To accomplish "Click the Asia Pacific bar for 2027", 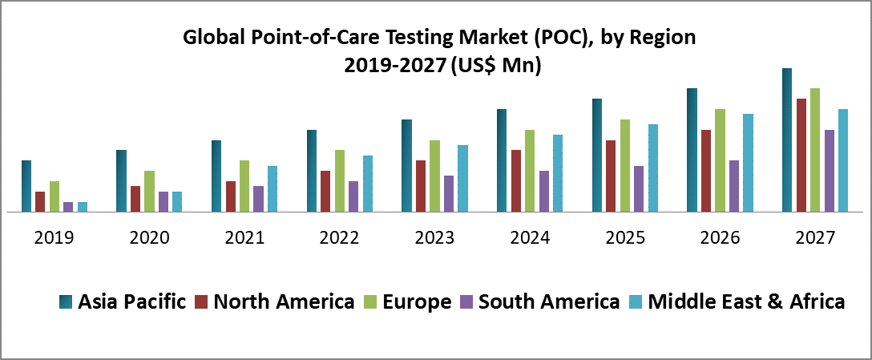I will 787,140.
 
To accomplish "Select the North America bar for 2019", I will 40,202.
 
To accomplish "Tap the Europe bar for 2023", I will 434,176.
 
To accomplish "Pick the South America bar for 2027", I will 806,171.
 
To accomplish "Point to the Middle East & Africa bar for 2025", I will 653,168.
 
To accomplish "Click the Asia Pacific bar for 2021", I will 216,176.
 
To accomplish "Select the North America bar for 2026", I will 706,171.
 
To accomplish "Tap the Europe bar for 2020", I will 149,192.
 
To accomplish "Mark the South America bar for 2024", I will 544,192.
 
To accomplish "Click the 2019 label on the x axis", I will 54,238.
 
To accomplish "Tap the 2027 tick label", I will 815,238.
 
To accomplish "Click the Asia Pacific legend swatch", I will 67,302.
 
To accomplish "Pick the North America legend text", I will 285,301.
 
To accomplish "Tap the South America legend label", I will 549,301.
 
